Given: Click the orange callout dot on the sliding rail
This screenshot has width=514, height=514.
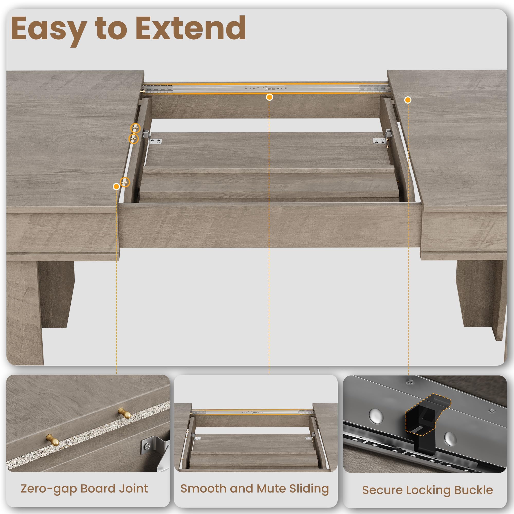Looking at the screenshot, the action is [270, 97].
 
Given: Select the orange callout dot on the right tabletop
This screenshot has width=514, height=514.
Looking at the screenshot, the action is [408, 100].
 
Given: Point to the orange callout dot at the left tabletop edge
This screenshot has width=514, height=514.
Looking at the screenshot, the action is [116, 187].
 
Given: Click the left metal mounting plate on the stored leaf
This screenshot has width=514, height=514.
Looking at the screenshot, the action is [155, 141].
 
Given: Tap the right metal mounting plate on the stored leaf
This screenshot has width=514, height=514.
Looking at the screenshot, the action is [379, 141].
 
